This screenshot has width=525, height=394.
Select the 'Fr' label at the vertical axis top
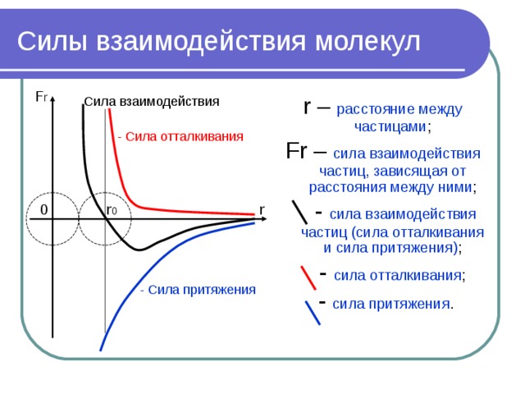41,97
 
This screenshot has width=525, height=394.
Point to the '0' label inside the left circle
43,211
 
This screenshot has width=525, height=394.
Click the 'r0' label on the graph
112,210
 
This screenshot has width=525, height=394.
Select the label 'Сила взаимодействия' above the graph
153,102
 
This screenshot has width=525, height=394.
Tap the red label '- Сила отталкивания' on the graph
180,136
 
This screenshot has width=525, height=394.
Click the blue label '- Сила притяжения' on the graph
198,289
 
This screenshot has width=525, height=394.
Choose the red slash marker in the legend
308,277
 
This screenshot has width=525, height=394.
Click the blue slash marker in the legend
312,312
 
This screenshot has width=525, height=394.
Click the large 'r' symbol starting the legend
307,107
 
